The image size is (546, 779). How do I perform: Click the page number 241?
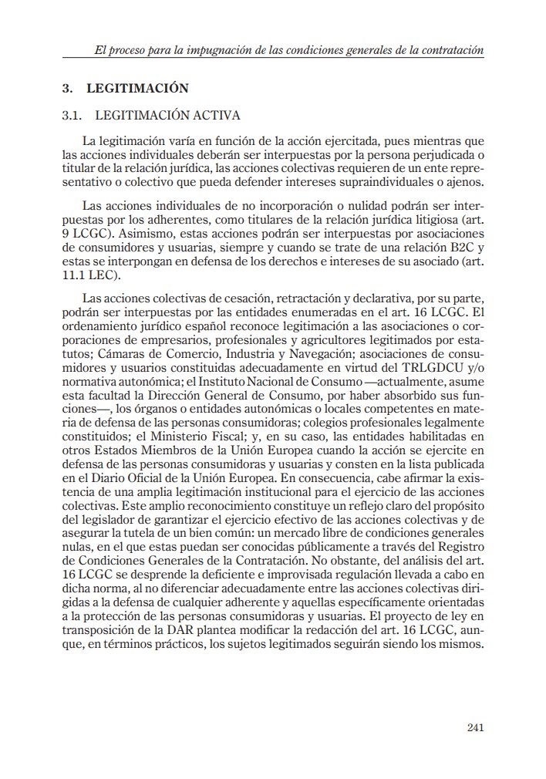474,727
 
